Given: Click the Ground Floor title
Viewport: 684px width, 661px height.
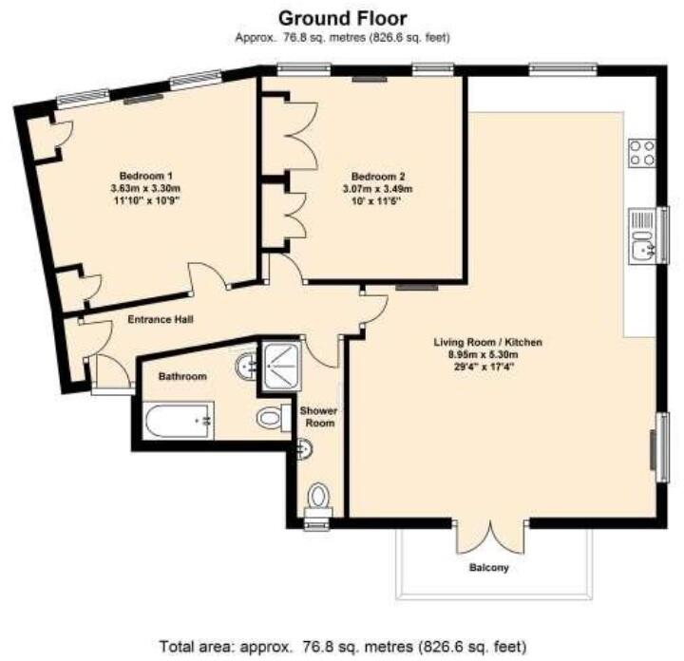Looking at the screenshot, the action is tap(342, 19).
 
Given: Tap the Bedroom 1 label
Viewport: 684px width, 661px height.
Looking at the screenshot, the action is tap(145, 176).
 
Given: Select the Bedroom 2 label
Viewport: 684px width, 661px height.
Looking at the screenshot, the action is tap(378, 177).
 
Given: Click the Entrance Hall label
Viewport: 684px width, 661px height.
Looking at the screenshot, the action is tap(161, 320).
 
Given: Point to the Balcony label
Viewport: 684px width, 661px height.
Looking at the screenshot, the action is tap(489, 568).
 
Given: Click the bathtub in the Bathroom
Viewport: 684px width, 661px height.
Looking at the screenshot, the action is tap(178, 421).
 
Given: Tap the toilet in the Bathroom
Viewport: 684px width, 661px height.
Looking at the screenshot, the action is tap(274, 418).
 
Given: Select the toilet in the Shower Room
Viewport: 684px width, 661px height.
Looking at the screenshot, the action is tap(319, 500).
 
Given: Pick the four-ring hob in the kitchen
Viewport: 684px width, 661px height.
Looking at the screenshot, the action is tap(641, 153).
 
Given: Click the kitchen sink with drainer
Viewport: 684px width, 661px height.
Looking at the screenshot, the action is tap(641, 236).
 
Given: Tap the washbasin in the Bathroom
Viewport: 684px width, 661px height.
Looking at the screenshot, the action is tap(246, 367).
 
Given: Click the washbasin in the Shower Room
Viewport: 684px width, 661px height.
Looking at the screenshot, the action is tap(305, 449).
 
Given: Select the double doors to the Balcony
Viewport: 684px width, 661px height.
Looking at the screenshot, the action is tap(490, 537).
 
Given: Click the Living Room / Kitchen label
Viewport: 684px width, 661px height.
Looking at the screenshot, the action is tap(487, 342).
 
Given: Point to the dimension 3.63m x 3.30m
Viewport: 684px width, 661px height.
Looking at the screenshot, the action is tap(145, 189).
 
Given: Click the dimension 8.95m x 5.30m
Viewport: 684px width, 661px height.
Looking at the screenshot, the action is tap(484, 354).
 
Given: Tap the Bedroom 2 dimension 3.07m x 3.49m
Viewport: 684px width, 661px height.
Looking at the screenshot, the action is tap(378, 189).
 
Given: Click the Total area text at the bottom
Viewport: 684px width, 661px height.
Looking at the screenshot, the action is tap(342, 646).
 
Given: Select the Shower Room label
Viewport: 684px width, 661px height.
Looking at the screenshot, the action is tap(318, 417).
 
